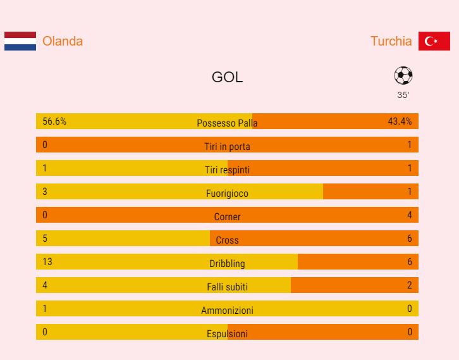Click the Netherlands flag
[20, 41]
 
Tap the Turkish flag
[434, 41]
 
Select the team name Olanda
[63, 41]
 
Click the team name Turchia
[391, 41]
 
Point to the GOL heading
[227, 77]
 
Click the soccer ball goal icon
[403, 76]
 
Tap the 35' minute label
[403, 95]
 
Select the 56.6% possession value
[54, 121]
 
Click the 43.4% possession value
[400, 121]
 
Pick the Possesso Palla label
[227, 123]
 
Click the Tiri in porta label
[227, 147]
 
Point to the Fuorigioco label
[227, 194]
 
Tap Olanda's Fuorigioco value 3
[45, 192]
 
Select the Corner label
[227, 217]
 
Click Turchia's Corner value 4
[409, 215]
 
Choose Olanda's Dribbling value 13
[47, 262]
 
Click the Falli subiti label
[227, 287]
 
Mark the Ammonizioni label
[227, 311]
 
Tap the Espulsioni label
[227, 334]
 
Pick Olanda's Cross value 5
[45, 239]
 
